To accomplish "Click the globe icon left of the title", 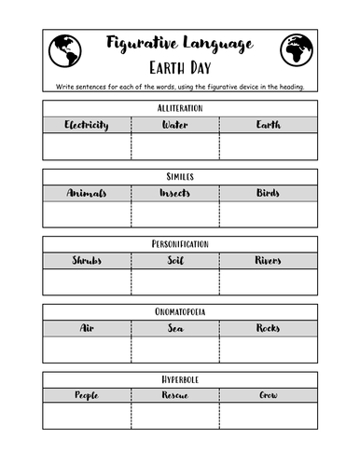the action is pos(63,50).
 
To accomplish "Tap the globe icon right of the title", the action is pos(297,50).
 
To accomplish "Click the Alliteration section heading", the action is pos(180,108).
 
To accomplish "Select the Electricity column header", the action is pos(87,125).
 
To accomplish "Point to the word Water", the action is pos(175,125).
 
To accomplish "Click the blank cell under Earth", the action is pos(268,146).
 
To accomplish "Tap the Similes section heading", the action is pos(180,176).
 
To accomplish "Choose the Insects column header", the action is pos(175,193).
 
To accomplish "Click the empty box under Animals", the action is pos(87,214).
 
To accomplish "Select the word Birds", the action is pos(268,193).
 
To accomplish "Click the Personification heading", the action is pos(180,244).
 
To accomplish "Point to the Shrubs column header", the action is pos(87,261).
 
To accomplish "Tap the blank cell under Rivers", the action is pos(268,282).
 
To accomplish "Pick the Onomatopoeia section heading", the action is pos(180,311).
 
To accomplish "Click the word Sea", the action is pos(175,328).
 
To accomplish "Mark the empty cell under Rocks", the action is pos(268,349).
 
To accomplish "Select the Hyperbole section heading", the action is pos(180,379).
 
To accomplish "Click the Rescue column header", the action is pos(175,396).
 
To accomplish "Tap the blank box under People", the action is pos(87,416).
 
